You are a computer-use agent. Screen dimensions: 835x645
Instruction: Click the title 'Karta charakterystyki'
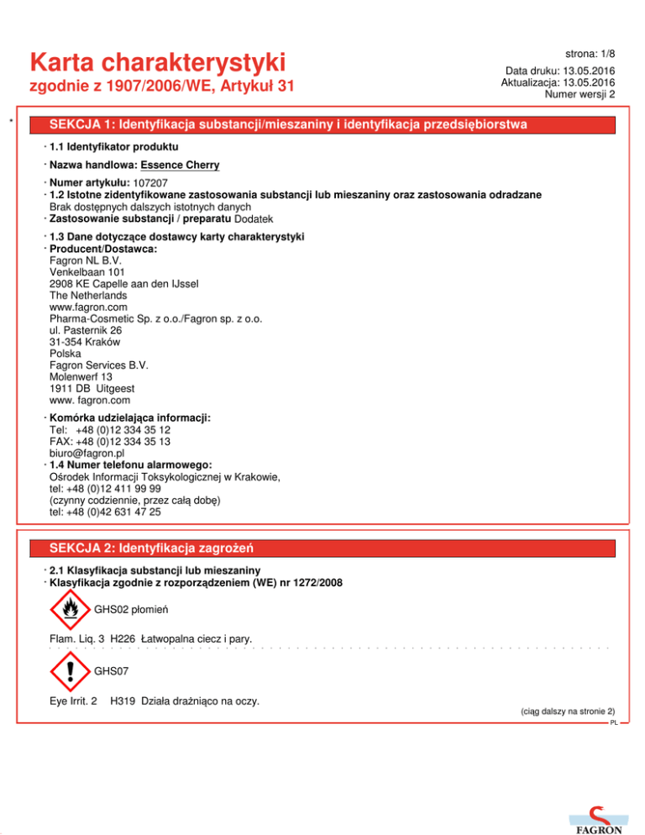coord(157,62)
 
